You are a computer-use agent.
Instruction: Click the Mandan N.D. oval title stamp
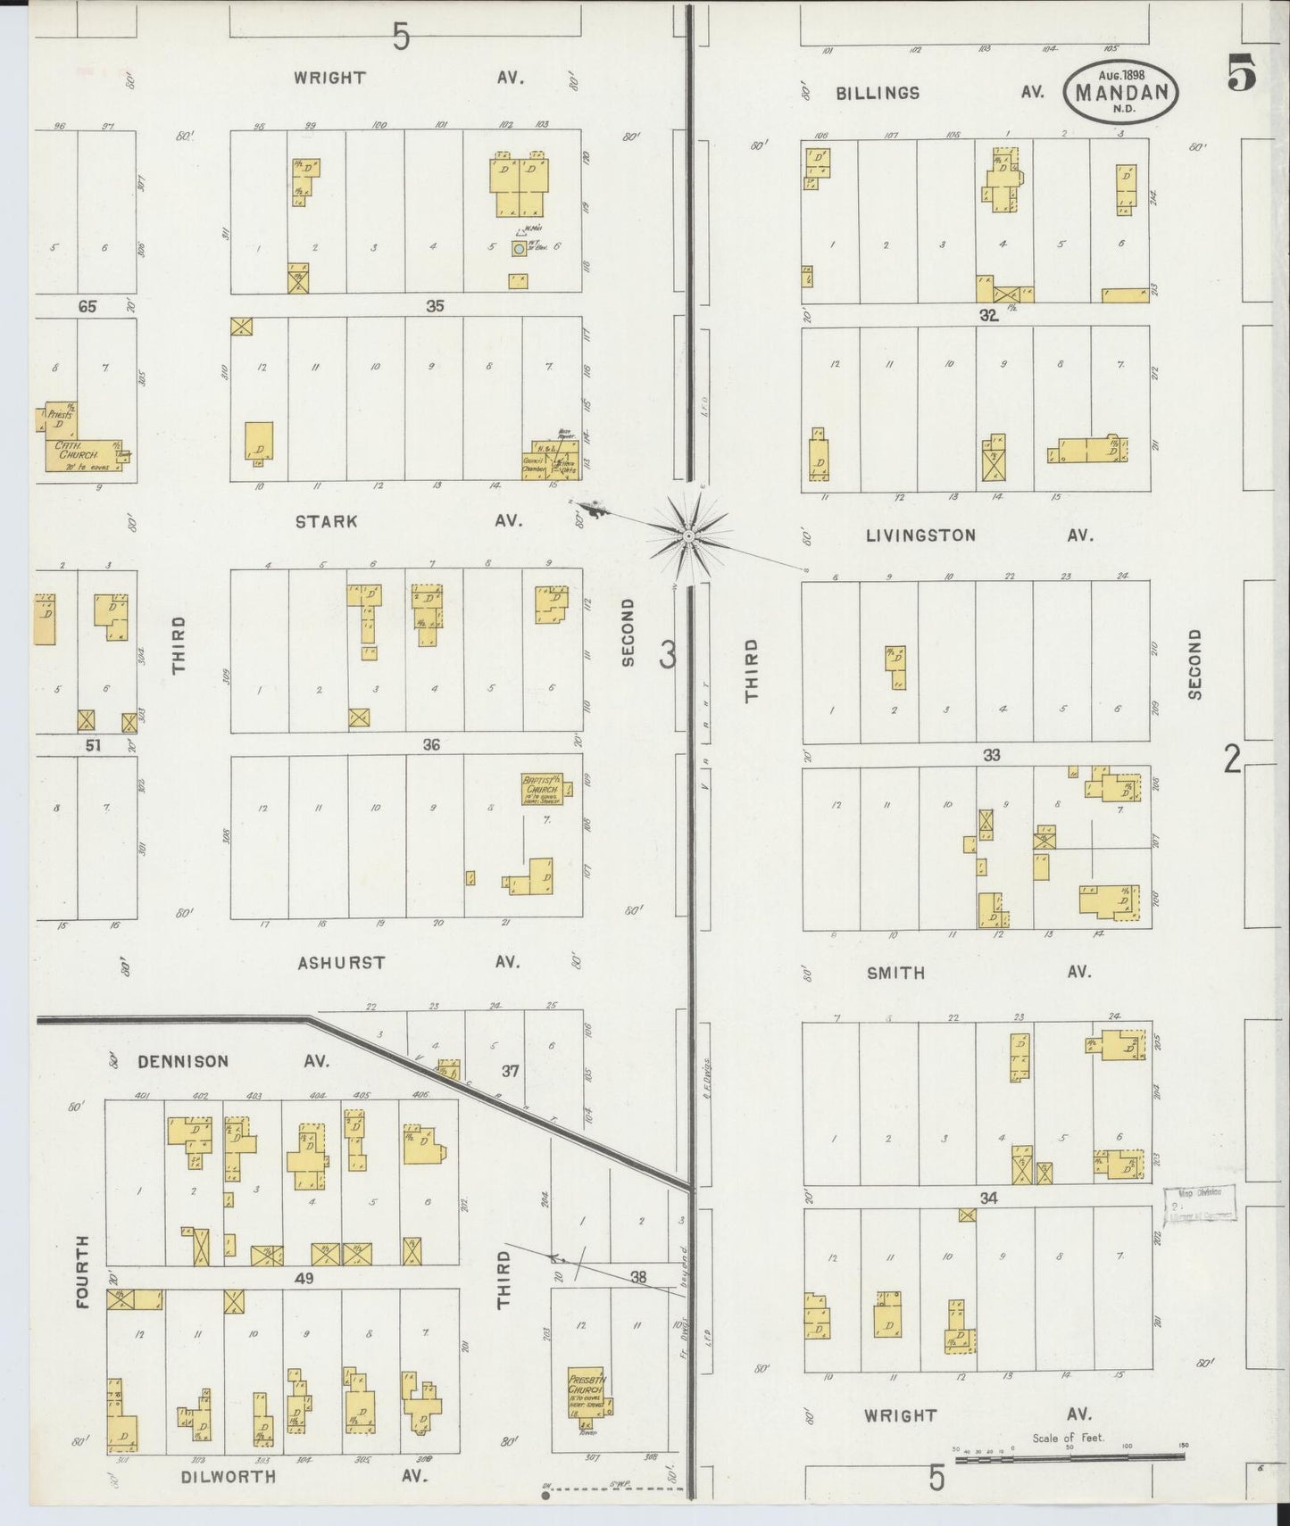pyautogui.click(x=1120, y=91)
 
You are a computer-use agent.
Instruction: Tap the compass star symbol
pyautogui.click(x=688, y=535)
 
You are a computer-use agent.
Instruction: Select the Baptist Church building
pyautogui.click(x=541, y=790)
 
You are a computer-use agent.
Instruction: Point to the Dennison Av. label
pyautogui.click(x=232, y=1061)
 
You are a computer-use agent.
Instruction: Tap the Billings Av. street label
pyautogui.click(x=939, y=93)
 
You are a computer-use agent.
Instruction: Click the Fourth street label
pyautogui.click(x=83, y=1271)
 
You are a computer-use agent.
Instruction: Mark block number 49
pyautogui.click(x=304, y=1279)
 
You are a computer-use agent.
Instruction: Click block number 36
pyautogui.click(x=431, y=744)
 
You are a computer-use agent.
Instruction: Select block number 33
pyautogui.click(x=991, y=755)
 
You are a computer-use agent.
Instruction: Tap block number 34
pyautogui.click(x=987, y=1198)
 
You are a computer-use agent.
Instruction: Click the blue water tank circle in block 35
pyautogui.click(x=519, y=249)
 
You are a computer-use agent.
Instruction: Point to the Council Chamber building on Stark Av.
pyautogui.click(x=535, y=465)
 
